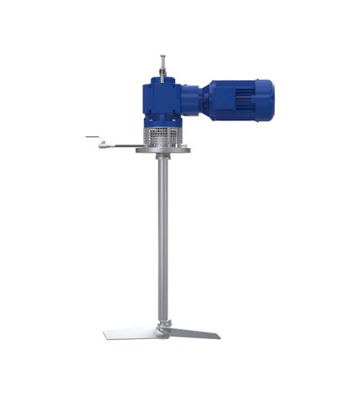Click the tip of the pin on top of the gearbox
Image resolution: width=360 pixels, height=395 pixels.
point(163,58)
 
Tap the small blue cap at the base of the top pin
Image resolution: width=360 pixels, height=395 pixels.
point(163,74)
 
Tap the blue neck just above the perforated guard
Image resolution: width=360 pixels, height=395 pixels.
point(163,122)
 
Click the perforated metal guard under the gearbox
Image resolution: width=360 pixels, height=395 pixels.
point(163,136)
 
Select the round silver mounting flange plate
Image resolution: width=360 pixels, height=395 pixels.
point(163,150)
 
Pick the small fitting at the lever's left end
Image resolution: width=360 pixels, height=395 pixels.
point(102,145)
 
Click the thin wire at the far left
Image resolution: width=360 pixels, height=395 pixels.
point(90,137)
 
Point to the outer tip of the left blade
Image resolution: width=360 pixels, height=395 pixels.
point(106,336)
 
